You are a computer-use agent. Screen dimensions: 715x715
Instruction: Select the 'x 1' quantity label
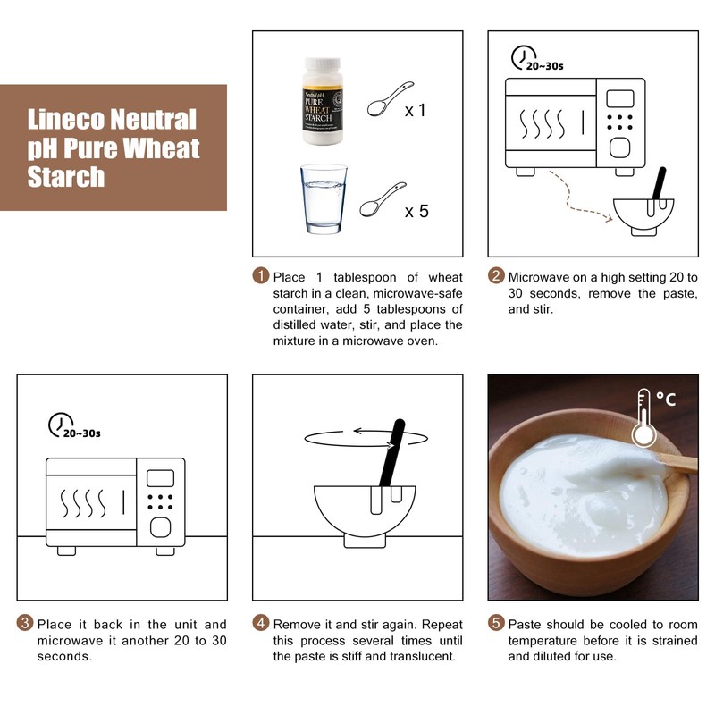click(x=416, y=110)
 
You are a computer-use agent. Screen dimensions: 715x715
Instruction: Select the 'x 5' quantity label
click(x=416, y=211)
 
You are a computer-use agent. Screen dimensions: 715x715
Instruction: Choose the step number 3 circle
click(x=25, y=624)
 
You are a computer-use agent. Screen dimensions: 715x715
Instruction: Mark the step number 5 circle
click(x=496, y=624)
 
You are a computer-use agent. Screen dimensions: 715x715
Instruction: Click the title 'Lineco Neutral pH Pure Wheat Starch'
click(x=113, y=147)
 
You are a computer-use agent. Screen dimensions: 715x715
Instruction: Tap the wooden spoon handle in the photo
click(x=680, y=461)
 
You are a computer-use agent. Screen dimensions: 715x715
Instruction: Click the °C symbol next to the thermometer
click(x=667, y=399)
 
